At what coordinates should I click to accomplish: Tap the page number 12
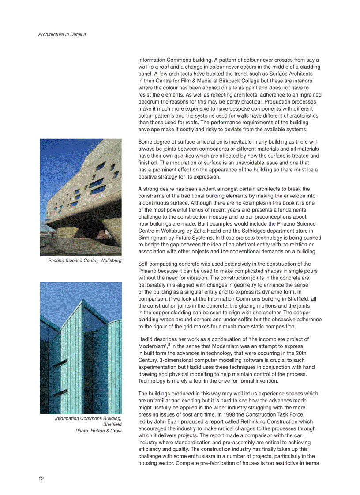[x=41, y=479]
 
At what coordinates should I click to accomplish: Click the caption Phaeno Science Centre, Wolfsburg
[x=85, y=261]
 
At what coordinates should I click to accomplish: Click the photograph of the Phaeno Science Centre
[x=81, y=197]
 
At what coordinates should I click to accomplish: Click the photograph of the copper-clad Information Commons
[x=81, y=348]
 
